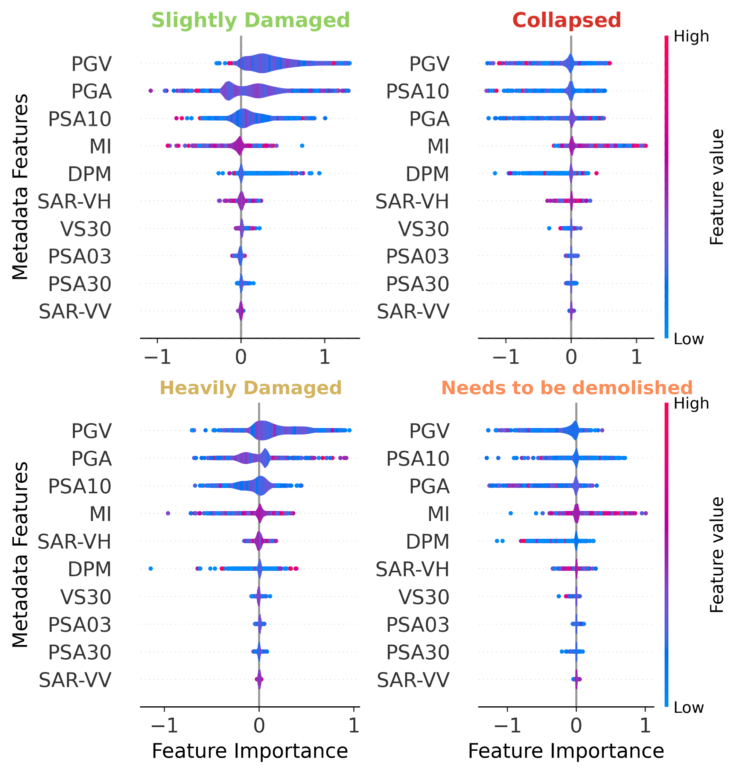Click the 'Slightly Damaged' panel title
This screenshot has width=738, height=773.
click(x=251, y=20)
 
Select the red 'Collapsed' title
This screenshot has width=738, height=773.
click(x=566, y=20)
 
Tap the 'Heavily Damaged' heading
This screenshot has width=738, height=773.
click(x=251, y=388)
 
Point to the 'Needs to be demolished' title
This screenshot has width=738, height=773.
click(x=566, y=388)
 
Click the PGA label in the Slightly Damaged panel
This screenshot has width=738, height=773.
click(x=91, y=91)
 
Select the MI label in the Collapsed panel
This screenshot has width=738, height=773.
click(x=438, y=146)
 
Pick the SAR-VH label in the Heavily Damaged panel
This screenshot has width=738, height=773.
click(x=75, y=541)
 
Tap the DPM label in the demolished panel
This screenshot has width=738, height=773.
click(x=428, y=541)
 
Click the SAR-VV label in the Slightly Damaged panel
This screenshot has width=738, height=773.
click(x=75, y=312)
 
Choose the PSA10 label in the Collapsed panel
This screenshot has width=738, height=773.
click(x=417, y=91)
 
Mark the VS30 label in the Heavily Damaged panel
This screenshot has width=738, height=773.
click(x=86, y=597)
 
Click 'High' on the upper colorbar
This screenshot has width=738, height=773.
click(x=691, y=37)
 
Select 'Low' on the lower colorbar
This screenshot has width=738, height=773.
click(x=688, y=707)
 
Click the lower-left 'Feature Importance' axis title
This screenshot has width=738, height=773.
click(x=250, y=751)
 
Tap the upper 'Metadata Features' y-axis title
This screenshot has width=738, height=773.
click(x=20, y=187)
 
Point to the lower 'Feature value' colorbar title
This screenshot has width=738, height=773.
click(x=717, y=555)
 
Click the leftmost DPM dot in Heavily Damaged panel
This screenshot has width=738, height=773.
click(x=151, y=568)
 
